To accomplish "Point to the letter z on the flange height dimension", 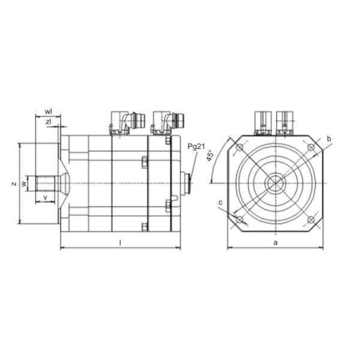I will click(13, 184).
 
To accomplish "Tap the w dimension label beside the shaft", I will click(25, 183).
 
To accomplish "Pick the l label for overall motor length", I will click(120, 242).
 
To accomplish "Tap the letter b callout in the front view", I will click(329, 139).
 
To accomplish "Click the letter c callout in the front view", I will click(221, 203).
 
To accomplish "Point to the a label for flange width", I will click(275, 242).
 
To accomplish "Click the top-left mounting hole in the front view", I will click(241, 148).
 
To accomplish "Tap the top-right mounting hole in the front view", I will click(310, 148).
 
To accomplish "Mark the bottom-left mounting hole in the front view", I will click(241, 220).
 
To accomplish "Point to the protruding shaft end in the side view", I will click(46, 183).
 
